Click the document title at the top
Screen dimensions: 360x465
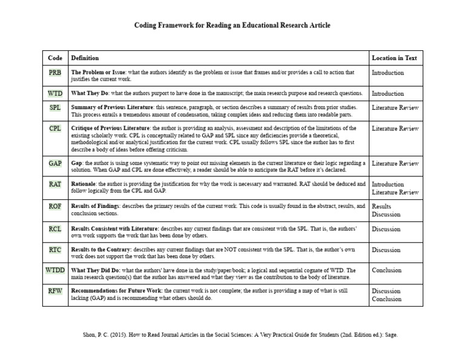pos(232,26)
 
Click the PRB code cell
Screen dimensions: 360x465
pos(54,73)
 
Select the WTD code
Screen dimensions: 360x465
pos(54,93)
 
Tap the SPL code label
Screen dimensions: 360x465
pos(54,108)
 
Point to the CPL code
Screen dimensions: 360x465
pos(54,128)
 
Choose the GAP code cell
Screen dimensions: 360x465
pos(54,163)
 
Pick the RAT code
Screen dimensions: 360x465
pos(54,184)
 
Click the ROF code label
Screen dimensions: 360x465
pos(54,207)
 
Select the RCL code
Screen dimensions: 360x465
pos(54,229)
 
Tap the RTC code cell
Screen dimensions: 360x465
pos(54,250)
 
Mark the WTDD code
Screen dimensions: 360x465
pos(54,270)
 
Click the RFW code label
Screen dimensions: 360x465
pos(54,291)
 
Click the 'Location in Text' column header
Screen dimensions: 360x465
pos(394,58)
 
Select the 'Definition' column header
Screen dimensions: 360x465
pos(85,58)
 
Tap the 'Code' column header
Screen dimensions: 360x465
pos(54,58)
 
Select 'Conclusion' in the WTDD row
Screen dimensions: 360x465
pos(386,270)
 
